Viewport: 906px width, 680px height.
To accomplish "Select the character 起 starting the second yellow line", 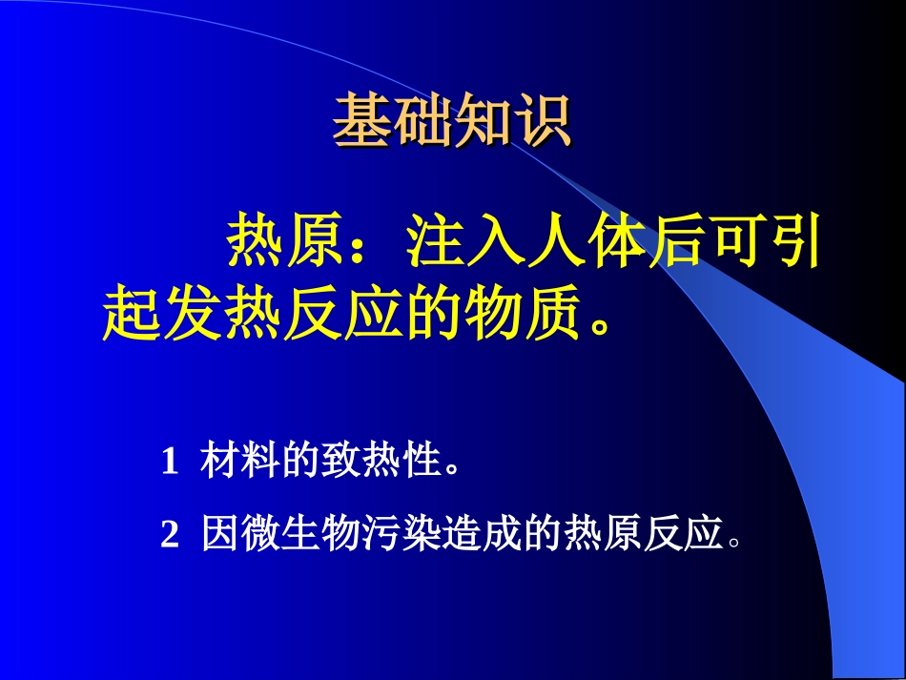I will click(x=130, y=314).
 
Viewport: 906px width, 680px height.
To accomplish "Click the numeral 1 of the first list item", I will click(x=170, y=463).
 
